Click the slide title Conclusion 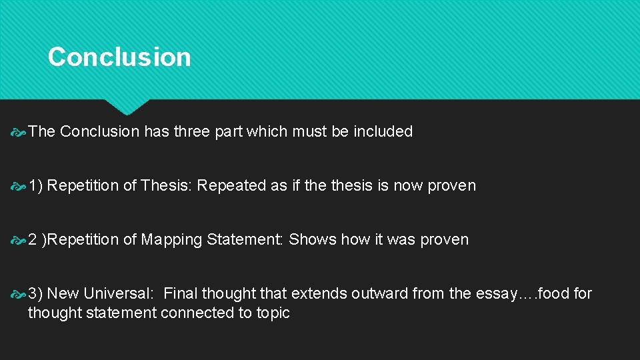119,57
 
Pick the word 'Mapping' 171,240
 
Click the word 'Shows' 313,240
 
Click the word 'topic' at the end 273,313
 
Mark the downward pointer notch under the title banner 127,107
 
